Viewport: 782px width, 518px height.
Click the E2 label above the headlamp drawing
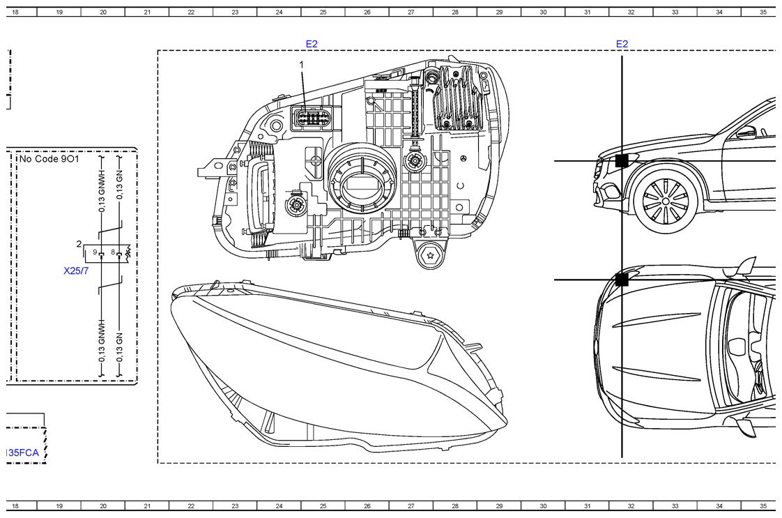[x=312, y=44]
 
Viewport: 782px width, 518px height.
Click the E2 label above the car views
[x=622, y=44]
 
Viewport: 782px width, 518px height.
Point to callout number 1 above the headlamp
[x=301, y=65]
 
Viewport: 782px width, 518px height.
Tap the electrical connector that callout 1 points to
[x=312, y=119]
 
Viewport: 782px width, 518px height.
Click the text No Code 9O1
[x=49, y=159]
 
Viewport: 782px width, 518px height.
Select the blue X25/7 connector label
[x=76, y=271]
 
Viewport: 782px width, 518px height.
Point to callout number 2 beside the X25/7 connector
[x=79, y=244]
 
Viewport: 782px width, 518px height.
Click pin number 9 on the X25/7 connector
[x=95, y=252]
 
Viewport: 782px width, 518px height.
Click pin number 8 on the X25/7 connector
[x=113, y=252]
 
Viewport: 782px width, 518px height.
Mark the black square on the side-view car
[x=622, y=160]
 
